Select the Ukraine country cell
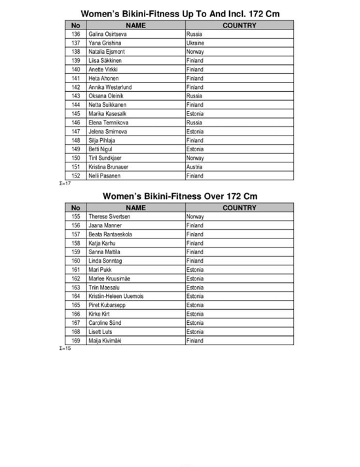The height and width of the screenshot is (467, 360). coord(195,43)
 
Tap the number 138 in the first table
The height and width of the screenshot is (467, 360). coord(76,52)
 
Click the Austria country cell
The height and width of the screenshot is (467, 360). coord(194,167)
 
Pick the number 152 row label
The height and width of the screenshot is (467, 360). coord(76,176)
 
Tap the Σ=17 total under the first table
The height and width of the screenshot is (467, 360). coord(65,183)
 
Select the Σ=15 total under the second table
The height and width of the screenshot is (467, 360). coord(65,348)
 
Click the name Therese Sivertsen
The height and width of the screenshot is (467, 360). coord(109,216)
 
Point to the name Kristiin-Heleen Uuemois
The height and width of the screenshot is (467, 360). coord(116,296)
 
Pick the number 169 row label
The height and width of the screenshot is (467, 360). coord(76,341)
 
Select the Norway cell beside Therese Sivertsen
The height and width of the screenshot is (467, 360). coord(195,216)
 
